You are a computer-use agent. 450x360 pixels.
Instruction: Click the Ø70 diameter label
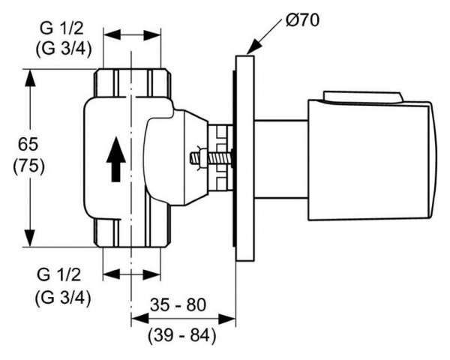point(299,19)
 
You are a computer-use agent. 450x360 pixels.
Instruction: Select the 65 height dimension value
point(28,143)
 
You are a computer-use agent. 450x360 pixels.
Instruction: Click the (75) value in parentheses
point(28,166)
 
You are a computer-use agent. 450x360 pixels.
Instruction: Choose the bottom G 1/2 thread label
point(63,275)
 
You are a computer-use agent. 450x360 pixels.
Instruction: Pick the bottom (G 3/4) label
point(63,297)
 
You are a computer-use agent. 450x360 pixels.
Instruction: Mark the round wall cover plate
point(244,157)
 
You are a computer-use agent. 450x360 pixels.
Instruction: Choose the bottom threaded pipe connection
point(131,234)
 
